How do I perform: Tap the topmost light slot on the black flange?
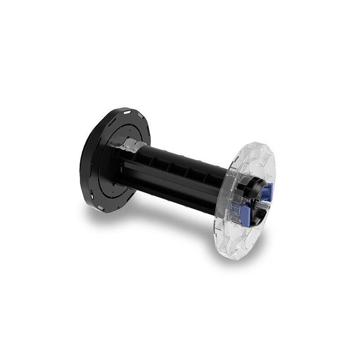(x=127, y=110)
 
